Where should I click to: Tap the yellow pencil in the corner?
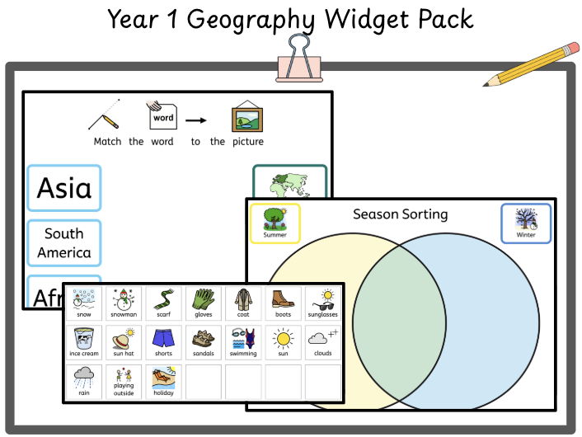coord(531,64)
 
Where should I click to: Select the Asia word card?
coord(64,188)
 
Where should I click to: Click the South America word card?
coord(64,243)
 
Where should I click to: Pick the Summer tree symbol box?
coord(275,223)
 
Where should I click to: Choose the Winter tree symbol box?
coord(526,223)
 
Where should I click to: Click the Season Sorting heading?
coord(401,214)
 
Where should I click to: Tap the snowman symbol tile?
coord(124,303)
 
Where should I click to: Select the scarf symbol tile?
coord(163,303)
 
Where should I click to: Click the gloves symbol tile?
coord(203,303)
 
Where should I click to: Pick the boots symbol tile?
coord(283,303)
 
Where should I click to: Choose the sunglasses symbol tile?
coord(322,303)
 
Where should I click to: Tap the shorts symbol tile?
coord(163,342)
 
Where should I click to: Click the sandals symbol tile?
coord(203,342)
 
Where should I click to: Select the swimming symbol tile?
coord(243,342)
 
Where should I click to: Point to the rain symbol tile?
coord(84,382)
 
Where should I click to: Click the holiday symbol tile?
coord(163,382)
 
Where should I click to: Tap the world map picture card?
coord(289,183)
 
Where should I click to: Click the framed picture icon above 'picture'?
coord(246,118)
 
